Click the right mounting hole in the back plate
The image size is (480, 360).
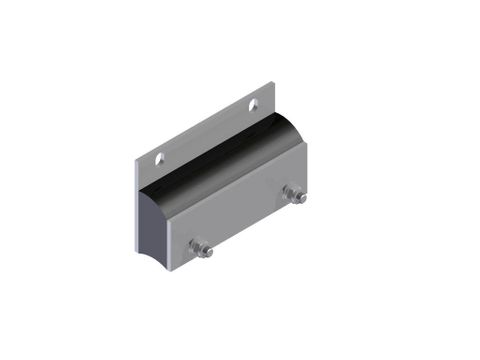(x=254, y=104)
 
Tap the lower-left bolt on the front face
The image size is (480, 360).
(x=201, y=248)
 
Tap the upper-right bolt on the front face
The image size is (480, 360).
(x=294, y=194)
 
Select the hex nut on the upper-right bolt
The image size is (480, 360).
(x=291, y=193)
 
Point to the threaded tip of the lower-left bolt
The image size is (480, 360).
(x=208, y=252)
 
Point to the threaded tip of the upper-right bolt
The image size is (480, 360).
(x=301, y=198)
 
